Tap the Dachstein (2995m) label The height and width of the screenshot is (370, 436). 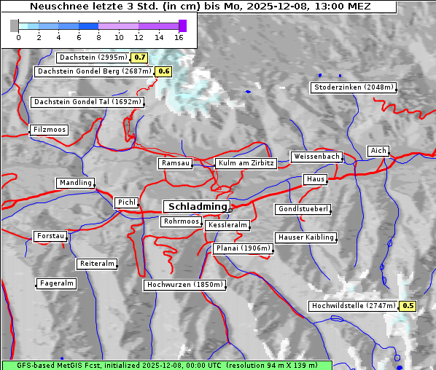coord(92,57)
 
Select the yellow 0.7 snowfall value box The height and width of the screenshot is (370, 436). coord(140,57)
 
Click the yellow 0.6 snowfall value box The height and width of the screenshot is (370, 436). coord(163,71)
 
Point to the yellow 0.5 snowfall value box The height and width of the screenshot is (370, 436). coord(408,306)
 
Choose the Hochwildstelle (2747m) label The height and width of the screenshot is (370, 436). coord(354,306)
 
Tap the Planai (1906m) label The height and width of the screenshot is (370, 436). coord(243,248)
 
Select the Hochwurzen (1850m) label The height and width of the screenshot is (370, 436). coord(183,285)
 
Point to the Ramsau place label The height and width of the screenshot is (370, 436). coord(176,163)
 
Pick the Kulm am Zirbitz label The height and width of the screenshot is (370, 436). coord(246,163)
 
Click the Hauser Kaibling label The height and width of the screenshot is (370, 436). coord(305,237)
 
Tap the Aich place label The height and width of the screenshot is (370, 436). coord(378,151)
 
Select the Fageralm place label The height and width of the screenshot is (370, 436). coord(56,283)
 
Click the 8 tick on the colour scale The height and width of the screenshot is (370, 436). coord(99,36)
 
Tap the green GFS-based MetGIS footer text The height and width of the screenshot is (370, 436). coord(166,365)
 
